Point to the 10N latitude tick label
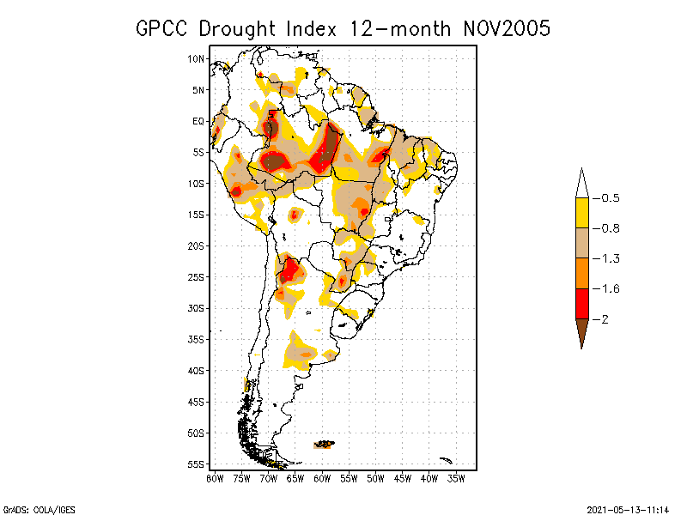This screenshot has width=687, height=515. (x=197, y=58)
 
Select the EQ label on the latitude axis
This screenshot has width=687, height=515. (x=198, y=121)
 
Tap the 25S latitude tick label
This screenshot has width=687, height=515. (x=197, y=277)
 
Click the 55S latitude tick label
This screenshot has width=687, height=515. (x=197, y=464)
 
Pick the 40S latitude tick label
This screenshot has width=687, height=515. (x=197, y=371)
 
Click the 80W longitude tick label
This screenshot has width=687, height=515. (x=215, y=478)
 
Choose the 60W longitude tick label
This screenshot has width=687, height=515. (x=323, y=478)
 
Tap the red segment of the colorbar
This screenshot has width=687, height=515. (x=581, y=303)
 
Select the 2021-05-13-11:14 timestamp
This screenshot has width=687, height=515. (x=626, y=509)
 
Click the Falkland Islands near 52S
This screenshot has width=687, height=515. (x=325, y=444)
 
